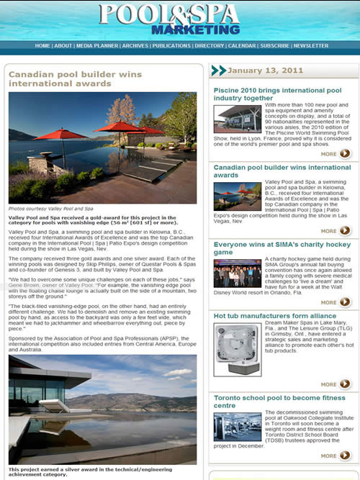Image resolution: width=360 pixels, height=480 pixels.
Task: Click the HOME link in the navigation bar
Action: [x=42, y=45]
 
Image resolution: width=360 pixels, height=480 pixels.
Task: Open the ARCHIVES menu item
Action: [x=135, y=45]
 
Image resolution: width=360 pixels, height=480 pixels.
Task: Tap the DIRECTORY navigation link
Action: [x=210, y=45]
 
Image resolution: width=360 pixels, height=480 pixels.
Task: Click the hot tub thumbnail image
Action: [x=237, y=350]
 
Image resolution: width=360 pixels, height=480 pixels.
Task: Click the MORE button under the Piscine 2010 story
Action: [x=336, y=153]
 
